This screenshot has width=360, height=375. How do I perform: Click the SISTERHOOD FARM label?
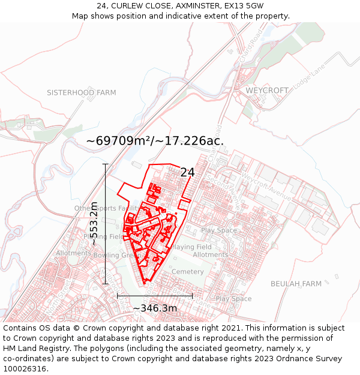[x=82, y=93]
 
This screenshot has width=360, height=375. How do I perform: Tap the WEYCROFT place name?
[x=267, y=90]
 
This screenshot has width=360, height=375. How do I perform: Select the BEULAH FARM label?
[x=296, y=283]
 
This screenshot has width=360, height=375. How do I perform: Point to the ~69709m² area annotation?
[x=155, y=141]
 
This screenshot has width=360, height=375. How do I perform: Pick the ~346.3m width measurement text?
[x=155, y=308]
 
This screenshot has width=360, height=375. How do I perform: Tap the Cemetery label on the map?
[x=188, y=272]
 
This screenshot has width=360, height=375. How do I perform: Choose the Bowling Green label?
[x=116, y=255]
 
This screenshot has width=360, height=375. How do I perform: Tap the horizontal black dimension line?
[x=155, y=295]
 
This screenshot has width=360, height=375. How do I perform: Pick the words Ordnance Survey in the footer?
[x=310, y=358]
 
